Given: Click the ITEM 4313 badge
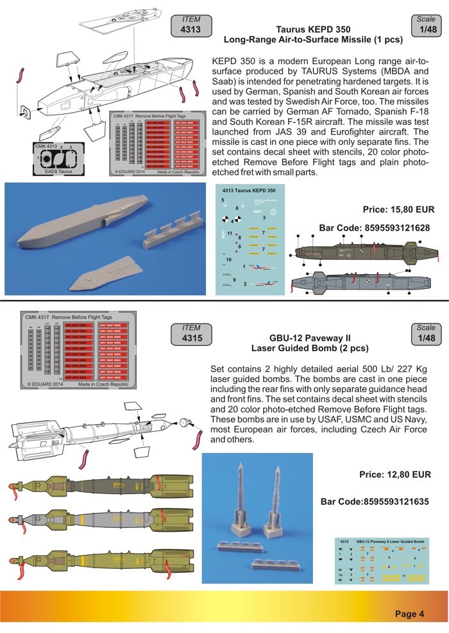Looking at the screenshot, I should [x=191, y=25].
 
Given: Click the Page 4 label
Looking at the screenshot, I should [x=409, y=614].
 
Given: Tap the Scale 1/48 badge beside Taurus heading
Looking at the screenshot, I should [x=426, y=26].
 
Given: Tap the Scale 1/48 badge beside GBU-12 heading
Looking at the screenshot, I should [x=426, y=334].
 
